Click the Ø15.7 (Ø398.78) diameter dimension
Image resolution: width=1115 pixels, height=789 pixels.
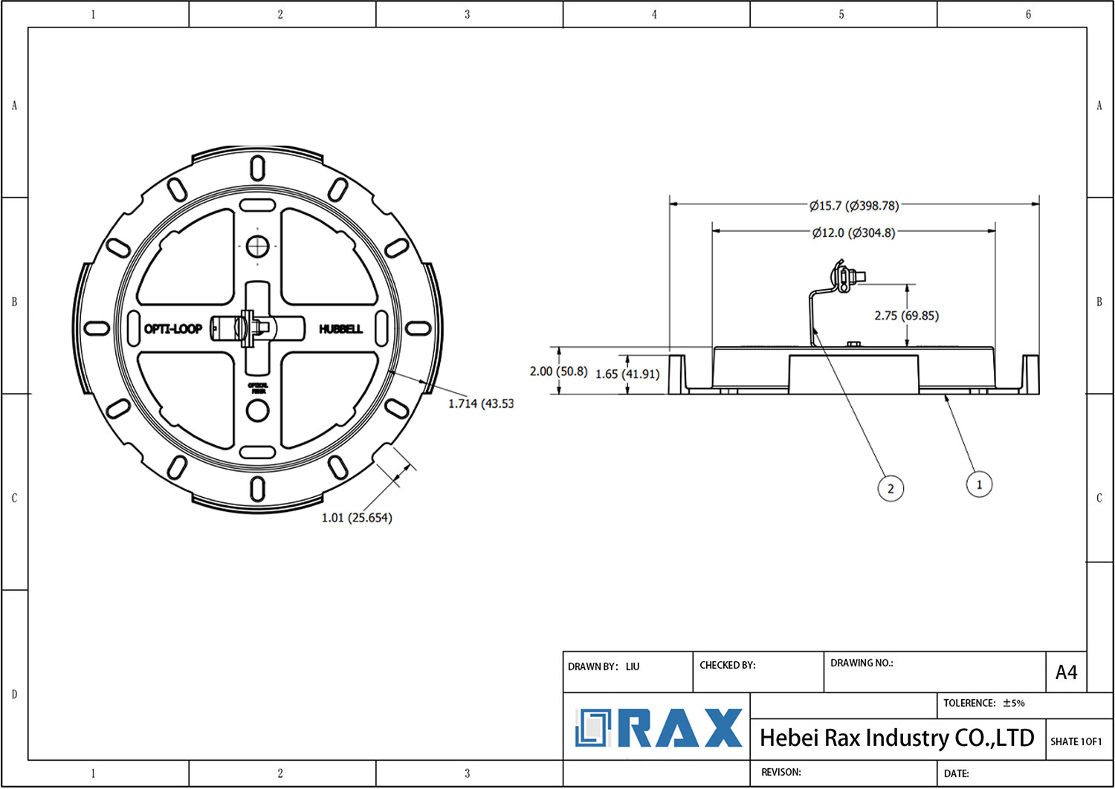pos(854,205)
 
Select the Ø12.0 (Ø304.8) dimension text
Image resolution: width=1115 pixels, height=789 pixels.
pos(853,233)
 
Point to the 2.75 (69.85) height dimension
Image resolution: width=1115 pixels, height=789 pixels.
pos(906,316)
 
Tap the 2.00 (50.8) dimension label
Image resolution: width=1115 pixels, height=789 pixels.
pos(558,371)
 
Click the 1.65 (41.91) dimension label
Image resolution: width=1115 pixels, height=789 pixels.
pos(627,374)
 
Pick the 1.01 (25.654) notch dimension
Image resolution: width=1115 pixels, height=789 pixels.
pos(357,517)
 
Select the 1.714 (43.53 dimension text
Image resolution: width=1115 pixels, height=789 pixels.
pos(481,403)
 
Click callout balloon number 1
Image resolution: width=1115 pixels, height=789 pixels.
pos(979,484)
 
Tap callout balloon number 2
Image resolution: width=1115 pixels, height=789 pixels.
pos(891,488)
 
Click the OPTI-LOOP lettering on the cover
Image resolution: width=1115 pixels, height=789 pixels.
pos(172,328)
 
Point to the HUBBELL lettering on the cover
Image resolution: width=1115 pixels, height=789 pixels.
pos(341,328)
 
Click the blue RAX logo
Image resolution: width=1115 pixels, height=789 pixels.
pos(659,728)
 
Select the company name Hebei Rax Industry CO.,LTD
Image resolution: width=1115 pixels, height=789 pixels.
pos(896,738)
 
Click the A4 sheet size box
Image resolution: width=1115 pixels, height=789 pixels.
pos(1066,672)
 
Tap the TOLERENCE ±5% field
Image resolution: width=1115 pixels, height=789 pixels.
pos(983,703)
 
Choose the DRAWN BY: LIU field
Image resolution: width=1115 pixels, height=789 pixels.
pos(604,666)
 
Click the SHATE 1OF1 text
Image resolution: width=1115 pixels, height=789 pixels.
pos(1076,741)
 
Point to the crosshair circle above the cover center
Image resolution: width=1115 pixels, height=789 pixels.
pos(257,245)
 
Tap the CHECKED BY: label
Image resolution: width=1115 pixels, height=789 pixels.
pos(727,665)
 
